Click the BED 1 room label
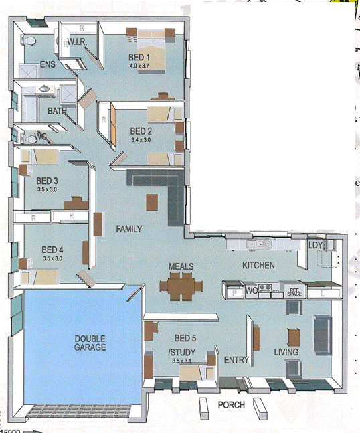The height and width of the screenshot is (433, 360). [140, 58]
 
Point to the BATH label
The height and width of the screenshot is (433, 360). [56, 111]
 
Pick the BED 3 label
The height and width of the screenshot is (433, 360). [47, 181]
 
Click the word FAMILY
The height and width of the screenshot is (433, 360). [128, 229]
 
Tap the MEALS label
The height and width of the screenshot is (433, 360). [181, 266]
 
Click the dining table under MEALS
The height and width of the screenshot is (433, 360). [181, 286]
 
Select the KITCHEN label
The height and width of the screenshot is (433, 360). [258, 266]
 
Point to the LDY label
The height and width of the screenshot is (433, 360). [315, 245]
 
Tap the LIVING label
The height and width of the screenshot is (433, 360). [286, 352]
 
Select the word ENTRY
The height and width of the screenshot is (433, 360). [237, 360]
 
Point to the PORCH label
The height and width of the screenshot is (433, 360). [232, 405]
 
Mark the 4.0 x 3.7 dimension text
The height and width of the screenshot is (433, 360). [141, 66]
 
